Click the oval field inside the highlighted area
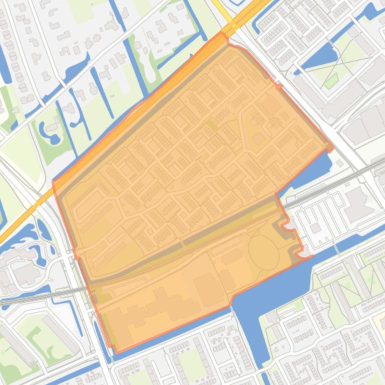263,252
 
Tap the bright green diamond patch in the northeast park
331,80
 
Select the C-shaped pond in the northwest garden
50,131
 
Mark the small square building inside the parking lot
315,228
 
